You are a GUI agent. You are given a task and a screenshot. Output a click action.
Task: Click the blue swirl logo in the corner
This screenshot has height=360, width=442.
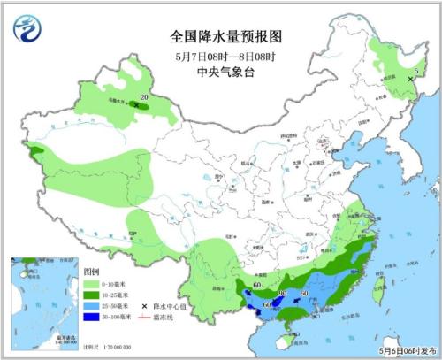(26, 29)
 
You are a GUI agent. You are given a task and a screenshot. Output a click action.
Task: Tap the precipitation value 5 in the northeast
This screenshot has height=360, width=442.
(415, 71)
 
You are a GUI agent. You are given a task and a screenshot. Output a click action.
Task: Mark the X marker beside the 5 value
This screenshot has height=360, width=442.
(409, 80)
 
